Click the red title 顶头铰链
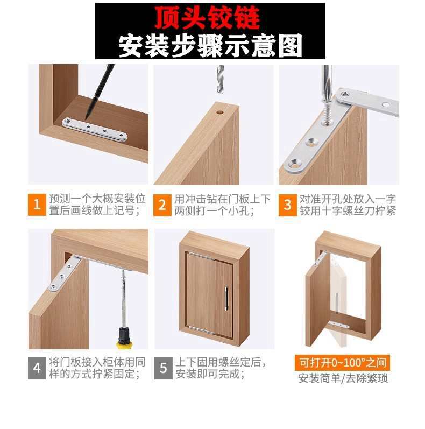tap(207, 18)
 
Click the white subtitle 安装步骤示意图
tap(210, 45)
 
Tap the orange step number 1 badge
tap(37, 205)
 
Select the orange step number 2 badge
tap(162, 205)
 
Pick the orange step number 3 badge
tap(287, 205)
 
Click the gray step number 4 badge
tap(37, 368)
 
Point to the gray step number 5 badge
tap(163, 368)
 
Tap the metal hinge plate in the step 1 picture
tap(95, 130)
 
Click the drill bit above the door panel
tap(220, 79)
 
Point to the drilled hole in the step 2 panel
tap(219, 112)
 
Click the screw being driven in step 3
tap(327, 112)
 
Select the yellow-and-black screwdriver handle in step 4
tap(124, 338)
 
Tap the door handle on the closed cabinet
tap(226, 298)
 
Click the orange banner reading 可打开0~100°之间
tap(343, 363)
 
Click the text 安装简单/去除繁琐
tap(343, 378)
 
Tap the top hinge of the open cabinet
tap(320, 258)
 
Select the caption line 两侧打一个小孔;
tap(215, 211)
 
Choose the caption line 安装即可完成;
tap(210, 374)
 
